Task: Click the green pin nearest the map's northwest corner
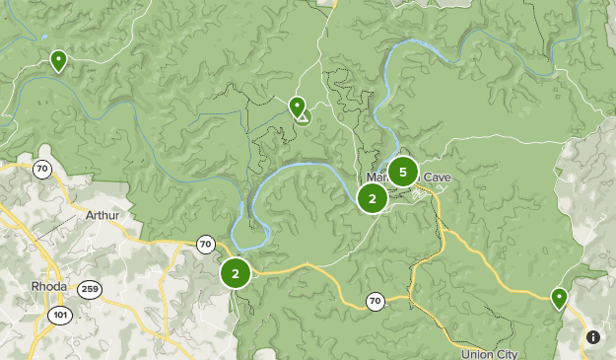pyautogui.click(x=58, y=60)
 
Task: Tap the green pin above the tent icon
pyautogui.click(x=297, y=105)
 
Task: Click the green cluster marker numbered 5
pyautogui.click(x=402, y=172)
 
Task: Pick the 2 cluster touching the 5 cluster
pyautogui.click(x=372, y=198)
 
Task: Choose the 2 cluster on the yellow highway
pyautogui.click(x=236, y=273)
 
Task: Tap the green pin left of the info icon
pyautogui.click(x=559, y=297)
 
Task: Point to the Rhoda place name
pyautogui.click(x=49, y=286)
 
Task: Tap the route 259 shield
pyautogui.click(x=90, y=289)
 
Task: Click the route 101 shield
pyautogui.click(x=59, y=315)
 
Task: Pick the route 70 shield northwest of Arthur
pyautogui.click(x=41, y=169)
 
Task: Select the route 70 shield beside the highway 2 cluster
pyautogui.click(x=204, y=244)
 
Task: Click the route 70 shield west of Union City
pyautogui.click(x=375, y=301)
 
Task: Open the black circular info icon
pyautogui.click(x=593, y=337)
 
